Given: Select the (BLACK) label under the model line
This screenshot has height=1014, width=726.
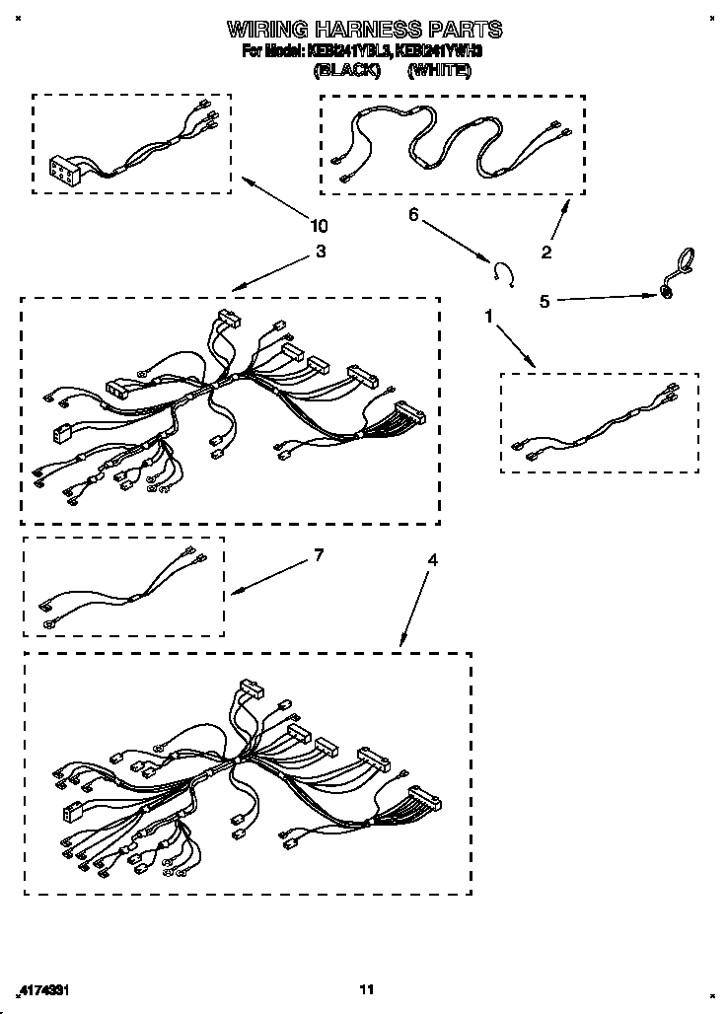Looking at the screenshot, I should coord(346,71).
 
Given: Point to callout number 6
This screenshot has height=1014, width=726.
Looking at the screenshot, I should coord(413,214).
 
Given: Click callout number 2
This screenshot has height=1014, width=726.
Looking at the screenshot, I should coord(545,253).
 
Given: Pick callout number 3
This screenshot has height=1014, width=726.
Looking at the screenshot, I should coord(320,252).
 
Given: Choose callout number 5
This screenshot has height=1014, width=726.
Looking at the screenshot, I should coord(544,301).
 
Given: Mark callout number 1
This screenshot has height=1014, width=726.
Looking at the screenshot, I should coord(487,316).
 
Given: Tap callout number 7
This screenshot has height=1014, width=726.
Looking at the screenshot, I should coord(318,555).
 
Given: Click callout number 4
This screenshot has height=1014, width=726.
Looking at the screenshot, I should coord(432,559).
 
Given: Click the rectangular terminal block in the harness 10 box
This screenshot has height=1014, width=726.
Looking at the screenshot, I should coord(64,173).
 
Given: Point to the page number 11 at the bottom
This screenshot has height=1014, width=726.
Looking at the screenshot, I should coord(366,988).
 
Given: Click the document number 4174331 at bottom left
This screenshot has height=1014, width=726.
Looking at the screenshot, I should coord(46,988).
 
